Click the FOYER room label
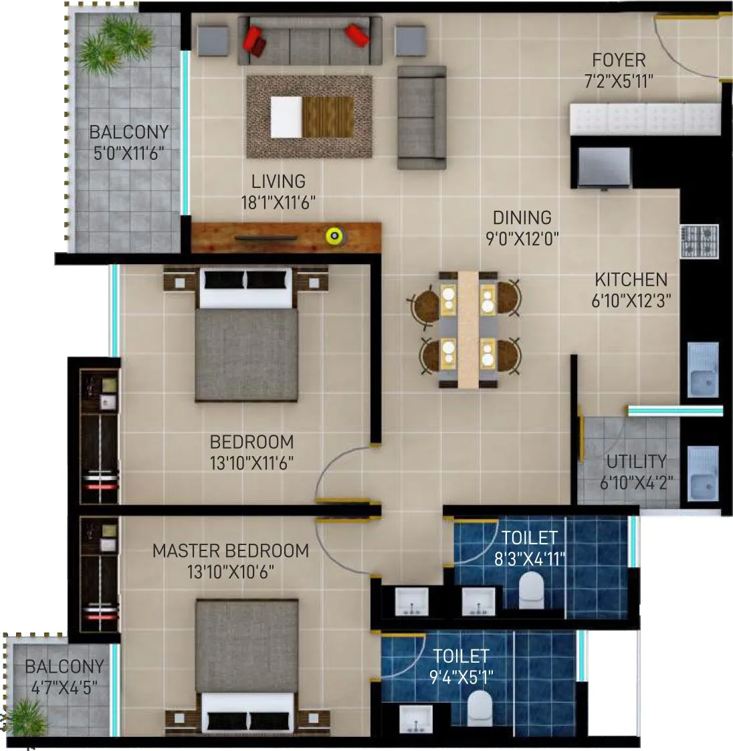pyautogui.click(x=619, y=60)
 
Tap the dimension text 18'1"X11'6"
pyautogui.click(x=278, y=202)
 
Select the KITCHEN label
pyautogui.click(x=631, y=280)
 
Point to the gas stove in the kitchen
pyautogui.click(x=700, y=241)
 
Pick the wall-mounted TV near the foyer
pyautogui.click(x=604, y=167)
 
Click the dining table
pyautogui.click(x=467, y=328)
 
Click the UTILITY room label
pyautogui.click(x=636, y=461)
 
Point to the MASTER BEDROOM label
pyautogui.click(x=231, y=551)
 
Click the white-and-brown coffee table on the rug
pyautogui.click(x=312, y=116)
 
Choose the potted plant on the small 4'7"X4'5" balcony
pyautogui.click(x=27, y=719)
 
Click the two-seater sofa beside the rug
pyautogui.click(x=421, y=117)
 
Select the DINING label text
pyautogui.click(x=522, y=218)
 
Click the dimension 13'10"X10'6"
pyautogui.click(x=231, y=572)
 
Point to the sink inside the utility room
pyautogui.click(x=703, y=473)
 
